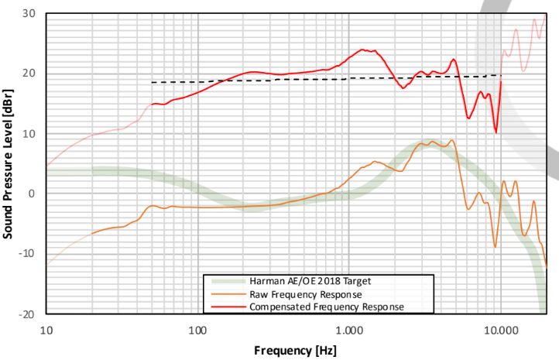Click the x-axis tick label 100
pos(198,328)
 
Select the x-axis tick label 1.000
pos(349,328)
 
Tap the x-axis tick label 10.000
pos(500,328)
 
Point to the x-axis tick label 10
pos(46,328)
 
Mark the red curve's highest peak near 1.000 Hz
pos(362,50)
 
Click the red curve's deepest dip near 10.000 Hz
pos(496,132)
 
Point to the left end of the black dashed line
pos(152,82)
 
